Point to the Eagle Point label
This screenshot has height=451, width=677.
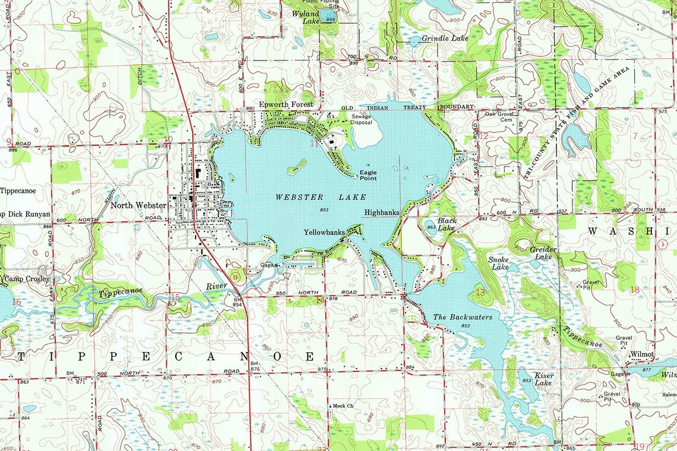click(368, 175)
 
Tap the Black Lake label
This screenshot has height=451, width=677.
click(447, 224)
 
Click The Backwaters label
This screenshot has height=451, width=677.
click(463, 317)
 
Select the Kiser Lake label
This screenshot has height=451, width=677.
click(543, 379)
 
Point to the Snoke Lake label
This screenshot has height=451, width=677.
click(498, 263)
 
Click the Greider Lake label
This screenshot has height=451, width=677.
click(543, 253)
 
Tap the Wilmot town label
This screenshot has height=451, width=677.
click(642, 354)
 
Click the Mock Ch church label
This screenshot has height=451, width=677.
click(343, 406)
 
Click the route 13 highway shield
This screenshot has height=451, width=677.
click(236, 276)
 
